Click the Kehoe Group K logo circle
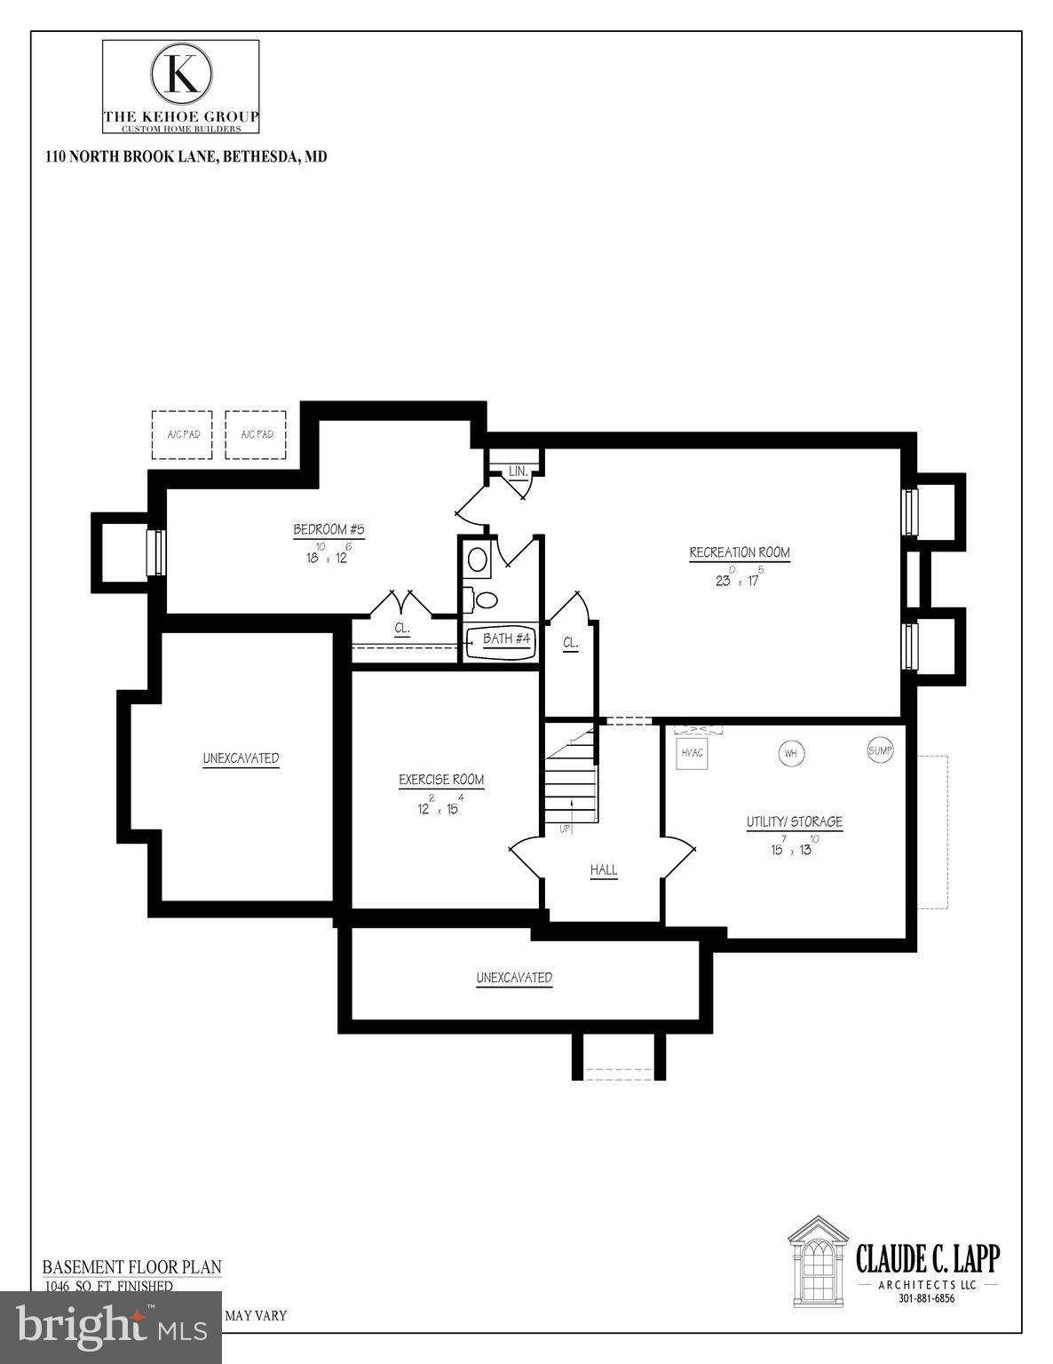181,74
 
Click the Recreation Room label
740,552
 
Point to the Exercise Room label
441,780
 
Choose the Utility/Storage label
794,822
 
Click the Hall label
604,870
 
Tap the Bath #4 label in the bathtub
506,638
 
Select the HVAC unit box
692,753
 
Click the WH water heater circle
791,754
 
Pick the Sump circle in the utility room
879,750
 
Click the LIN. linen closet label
519,472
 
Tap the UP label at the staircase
565,829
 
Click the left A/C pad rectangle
182,434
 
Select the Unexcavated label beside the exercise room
241,758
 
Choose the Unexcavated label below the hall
514,978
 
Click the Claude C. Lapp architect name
927,1258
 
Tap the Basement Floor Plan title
132,1267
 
